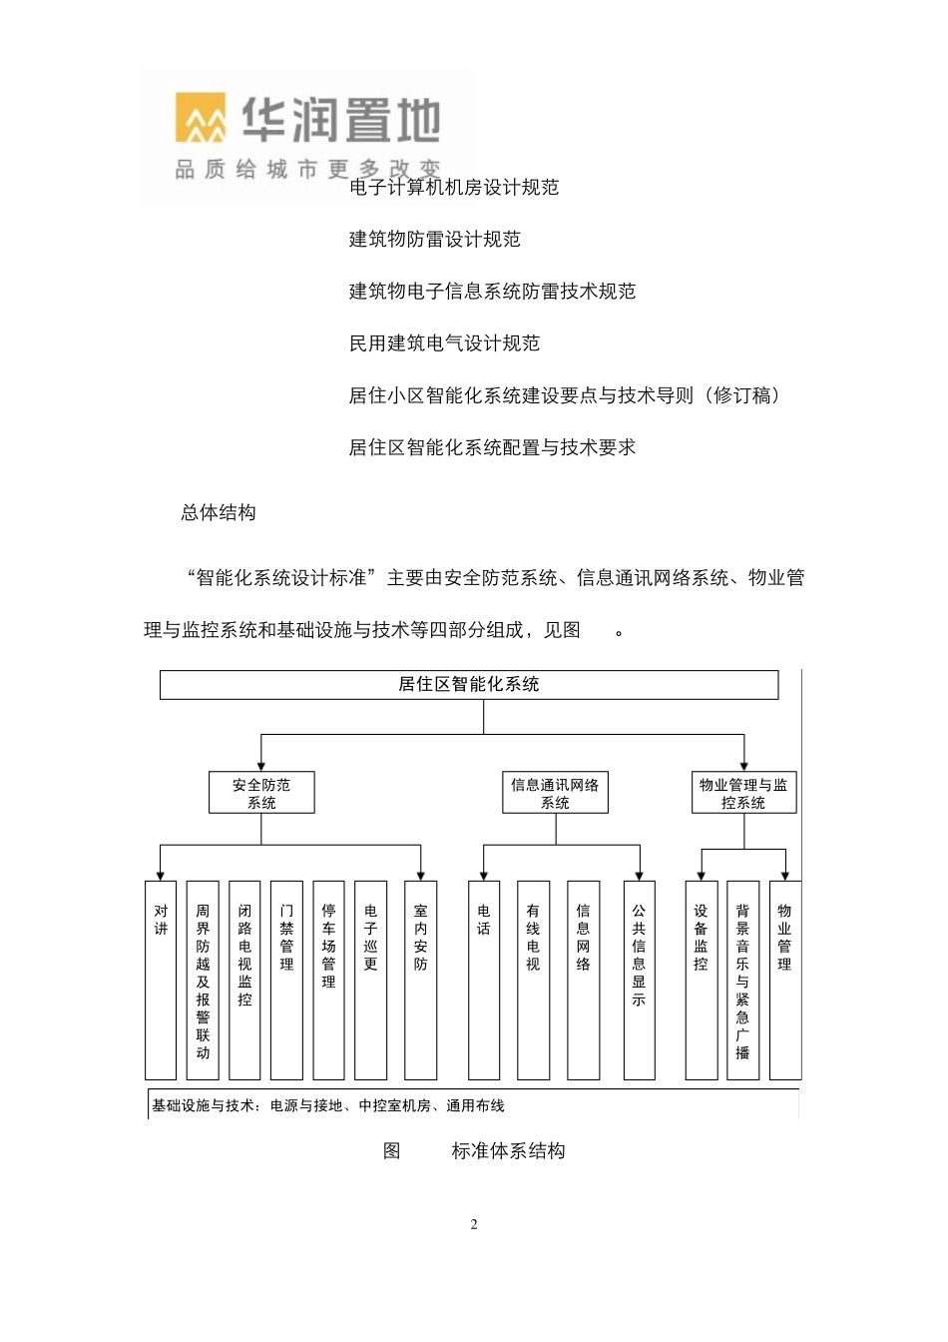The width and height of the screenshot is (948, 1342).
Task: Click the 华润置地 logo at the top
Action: (307, 135)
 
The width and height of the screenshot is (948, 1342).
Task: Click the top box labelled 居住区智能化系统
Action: (468, 685)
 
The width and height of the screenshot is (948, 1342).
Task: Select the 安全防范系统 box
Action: (261, 793)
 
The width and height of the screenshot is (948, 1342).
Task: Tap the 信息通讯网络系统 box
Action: (555, 793)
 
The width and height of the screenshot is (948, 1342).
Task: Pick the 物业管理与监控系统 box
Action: (743, 793)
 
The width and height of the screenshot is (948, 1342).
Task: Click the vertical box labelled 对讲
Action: (161, 979)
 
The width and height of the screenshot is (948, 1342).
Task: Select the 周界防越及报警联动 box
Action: (203, 979)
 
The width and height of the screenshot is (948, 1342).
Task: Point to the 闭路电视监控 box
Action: (244, 979)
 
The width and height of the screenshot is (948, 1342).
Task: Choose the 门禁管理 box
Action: (286, 979)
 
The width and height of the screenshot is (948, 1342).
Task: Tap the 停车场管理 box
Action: (328, 979)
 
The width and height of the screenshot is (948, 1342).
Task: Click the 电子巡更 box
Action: (370, 979)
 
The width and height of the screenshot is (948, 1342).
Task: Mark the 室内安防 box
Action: (420, 979)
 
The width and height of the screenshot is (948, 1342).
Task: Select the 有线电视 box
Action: (533, 979)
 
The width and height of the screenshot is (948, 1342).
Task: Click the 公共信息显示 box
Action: (639, 979)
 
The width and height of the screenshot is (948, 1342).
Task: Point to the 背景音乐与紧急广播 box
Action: (742, 979)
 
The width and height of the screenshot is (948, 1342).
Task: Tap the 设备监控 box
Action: (701, 979)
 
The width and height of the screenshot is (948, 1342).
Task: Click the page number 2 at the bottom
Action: (474, 1225)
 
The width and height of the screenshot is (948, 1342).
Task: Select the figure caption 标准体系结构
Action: (508, 1151)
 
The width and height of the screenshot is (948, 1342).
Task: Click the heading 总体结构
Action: (219, 513)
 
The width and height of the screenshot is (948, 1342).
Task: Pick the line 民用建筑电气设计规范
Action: (444, 343)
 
